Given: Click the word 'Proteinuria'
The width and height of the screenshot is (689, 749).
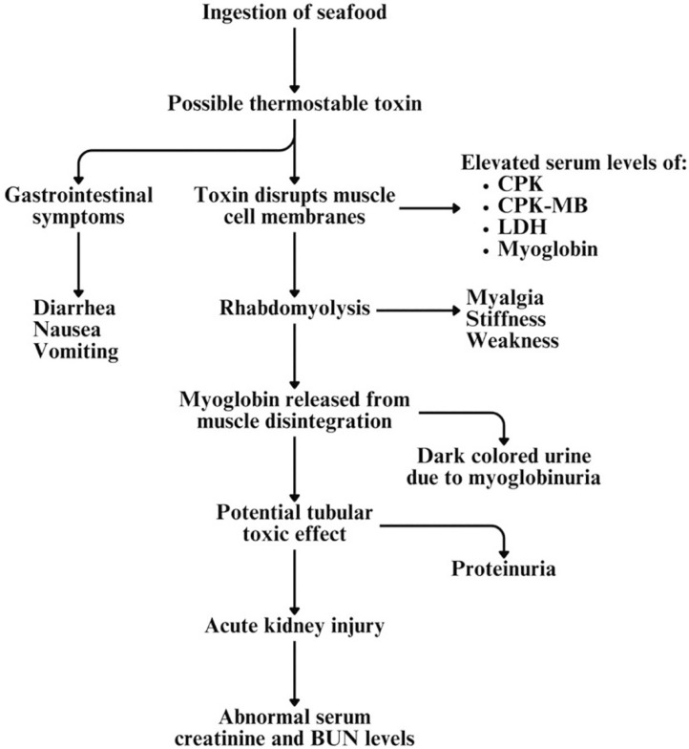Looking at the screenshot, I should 503,569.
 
